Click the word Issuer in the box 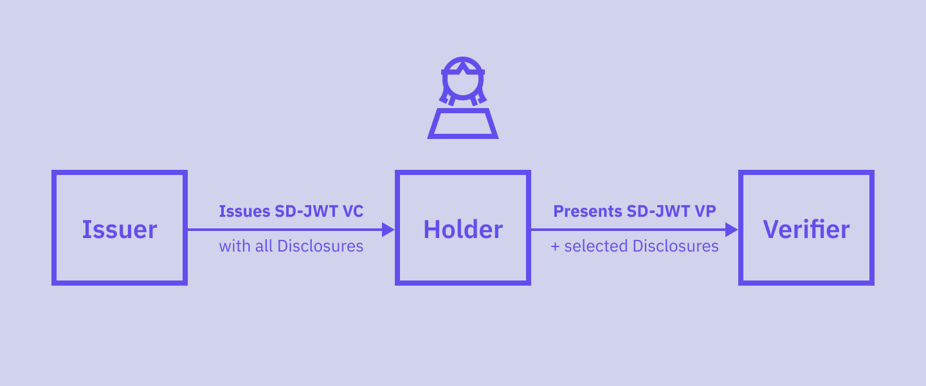tap(120, 230)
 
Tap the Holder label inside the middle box tap(463, 230)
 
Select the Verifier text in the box tap(806, 230)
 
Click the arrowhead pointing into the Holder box tap(388, 230)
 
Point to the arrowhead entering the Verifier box tap(731, 230)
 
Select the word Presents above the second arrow tap(588, 212)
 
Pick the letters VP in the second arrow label tap(705, 212)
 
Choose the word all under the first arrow tap(264, 246)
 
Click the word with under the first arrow tap(234, 246)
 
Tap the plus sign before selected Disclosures tap(556, 246)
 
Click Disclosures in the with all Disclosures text tap(320, 246)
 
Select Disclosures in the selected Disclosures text tap(675, 246)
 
